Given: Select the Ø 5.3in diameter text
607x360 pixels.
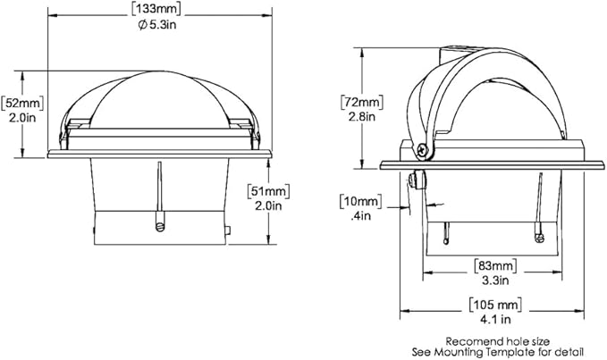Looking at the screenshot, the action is (x=157, y=25).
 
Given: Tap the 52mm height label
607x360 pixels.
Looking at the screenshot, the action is (x=22, y=103).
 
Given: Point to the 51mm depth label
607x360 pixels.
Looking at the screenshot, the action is (x=269, y=191).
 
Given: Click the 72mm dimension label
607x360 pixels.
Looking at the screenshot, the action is (x=362, y=102).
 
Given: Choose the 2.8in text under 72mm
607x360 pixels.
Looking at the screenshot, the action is (x=362, y=116).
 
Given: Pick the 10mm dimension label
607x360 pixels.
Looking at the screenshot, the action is (x=360, y=202).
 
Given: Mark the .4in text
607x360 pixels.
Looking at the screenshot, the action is (x=361, y=216).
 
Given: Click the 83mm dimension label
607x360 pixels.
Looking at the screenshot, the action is (x=495, y=265).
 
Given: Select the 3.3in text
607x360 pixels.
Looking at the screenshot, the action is (x=495, y=280).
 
